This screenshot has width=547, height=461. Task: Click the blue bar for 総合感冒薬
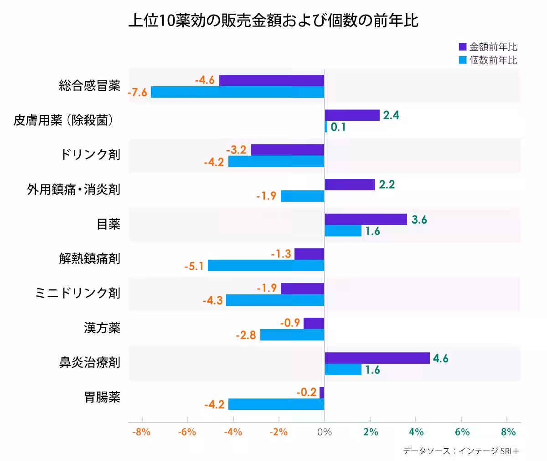tap(237, 92)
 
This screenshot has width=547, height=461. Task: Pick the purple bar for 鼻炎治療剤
tap(377, 358)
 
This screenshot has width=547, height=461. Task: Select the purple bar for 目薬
tap(366, 219)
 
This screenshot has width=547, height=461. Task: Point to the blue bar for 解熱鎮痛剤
tap(266, 265)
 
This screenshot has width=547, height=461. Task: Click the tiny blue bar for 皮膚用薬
tap(326, 127)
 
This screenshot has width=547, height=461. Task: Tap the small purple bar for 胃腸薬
tap(322, 393)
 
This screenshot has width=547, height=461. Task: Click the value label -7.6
tap(137, 92)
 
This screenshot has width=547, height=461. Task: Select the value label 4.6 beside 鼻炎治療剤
tap(440, 358)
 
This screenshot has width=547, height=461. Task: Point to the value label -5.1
tap(194, 266)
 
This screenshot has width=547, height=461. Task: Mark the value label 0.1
tap(338, 127)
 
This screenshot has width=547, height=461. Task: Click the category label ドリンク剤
tap(90, 155)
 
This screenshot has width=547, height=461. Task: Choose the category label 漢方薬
tap(102, 328)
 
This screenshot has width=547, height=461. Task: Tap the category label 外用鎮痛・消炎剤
tap(73, 189)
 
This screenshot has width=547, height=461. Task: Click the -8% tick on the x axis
tap(141, 432)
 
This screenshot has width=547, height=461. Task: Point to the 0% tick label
tap(324, 432)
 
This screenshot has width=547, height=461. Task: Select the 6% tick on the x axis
tap(462, 432)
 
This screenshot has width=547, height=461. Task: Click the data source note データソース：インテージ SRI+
tap(461, 451)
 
